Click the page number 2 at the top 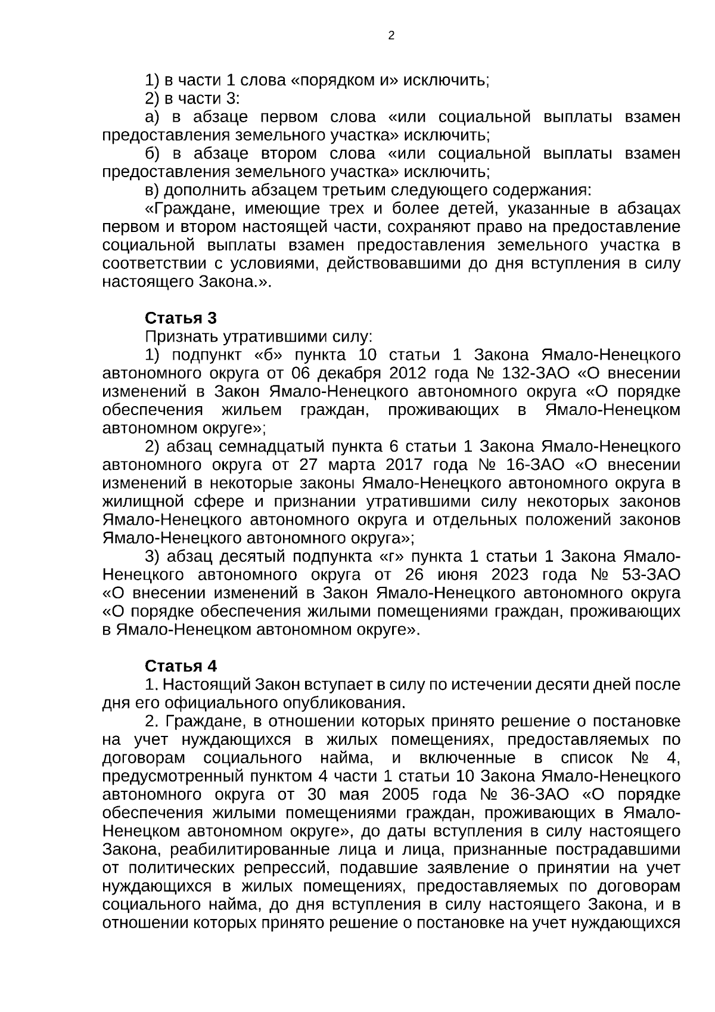(391, 36)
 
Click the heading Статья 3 (181, 317)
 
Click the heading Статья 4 (181, 666)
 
